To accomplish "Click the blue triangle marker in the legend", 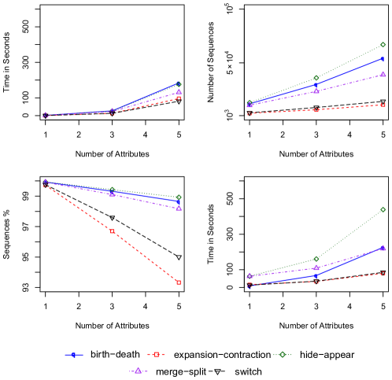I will coord(73,355).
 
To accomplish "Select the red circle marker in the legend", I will coord(156,355).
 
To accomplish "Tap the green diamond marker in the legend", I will coord(283,355).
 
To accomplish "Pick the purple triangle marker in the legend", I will coord(138,371).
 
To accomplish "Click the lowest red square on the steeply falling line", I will coord(178,282).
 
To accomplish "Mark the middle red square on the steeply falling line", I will coord(112,231).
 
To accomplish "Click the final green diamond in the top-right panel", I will coord(383,45).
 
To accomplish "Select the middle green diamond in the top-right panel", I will coord(316,78).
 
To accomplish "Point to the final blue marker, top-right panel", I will coord(383,58).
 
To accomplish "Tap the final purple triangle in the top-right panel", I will coord(383,74).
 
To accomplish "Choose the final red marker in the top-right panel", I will coord(383,105).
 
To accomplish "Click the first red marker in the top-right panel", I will coord(250,114).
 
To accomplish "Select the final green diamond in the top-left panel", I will coord(179,84).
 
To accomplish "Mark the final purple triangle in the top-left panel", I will coord(179,92).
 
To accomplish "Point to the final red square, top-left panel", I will coord(179,98).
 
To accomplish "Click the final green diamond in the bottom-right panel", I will coord(383,210).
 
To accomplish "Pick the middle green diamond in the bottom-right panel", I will coord(316,259).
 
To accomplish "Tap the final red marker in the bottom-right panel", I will coord(383,274).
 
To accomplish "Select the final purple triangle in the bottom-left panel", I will coord(179,208).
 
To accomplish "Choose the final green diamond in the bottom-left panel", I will coord(179,197).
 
